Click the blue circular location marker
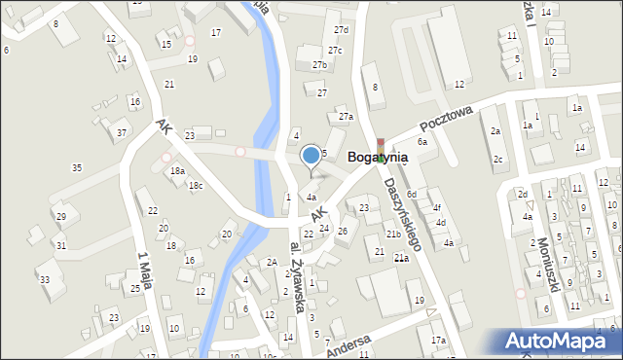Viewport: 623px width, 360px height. (311, 154)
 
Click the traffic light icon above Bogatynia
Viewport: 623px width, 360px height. (381, 144)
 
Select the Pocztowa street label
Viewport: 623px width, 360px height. (446, 119)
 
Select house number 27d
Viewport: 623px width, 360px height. (340, 30)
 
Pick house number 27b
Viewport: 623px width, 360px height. (319, 65)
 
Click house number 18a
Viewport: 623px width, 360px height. (177, 170)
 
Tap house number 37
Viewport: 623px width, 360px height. (121, 132)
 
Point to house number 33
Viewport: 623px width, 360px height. (44, 279)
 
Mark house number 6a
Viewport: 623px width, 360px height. (422, 142)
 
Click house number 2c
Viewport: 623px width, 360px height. (497, 159)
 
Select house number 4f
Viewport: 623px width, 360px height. (437, 207)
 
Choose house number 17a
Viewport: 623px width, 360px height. (439, 340)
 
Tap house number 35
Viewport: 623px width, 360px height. (77, 168)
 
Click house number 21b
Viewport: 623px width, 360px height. (392, 234)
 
